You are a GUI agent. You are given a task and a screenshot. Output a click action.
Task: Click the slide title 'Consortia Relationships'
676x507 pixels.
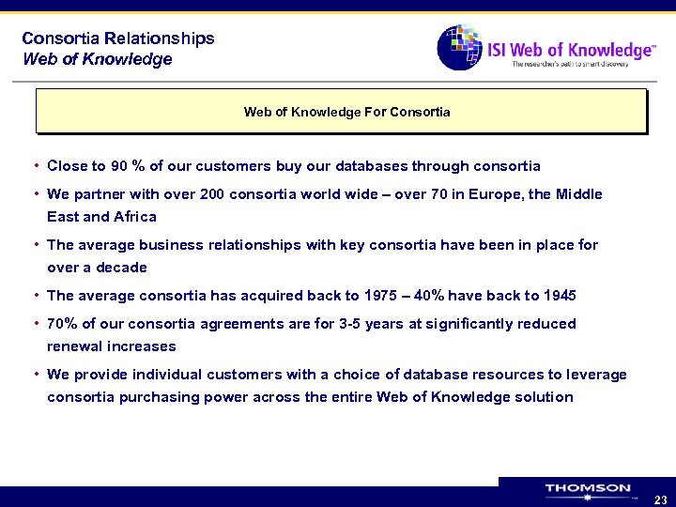click(118, 38)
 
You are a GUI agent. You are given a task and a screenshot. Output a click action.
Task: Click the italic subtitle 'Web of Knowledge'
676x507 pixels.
click(97, 59)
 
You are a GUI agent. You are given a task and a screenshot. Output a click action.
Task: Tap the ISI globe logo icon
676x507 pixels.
click(460, 47)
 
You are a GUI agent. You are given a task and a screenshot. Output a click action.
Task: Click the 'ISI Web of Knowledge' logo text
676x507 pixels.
click(570, 49)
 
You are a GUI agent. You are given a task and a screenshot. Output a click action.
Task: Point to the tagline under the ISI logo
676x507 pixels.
click(582, 65)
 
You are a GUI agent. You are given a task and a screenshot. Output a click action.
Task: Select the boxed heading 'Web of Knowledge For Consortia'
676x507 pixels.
click(346, 112)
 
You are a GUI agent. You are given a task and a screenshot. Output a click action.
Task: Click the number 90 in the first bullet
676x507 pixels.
click(119, 166)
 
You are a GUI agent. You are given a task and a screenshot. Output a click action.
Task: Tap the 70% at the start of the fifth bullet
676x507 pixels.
click(62, 324)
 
